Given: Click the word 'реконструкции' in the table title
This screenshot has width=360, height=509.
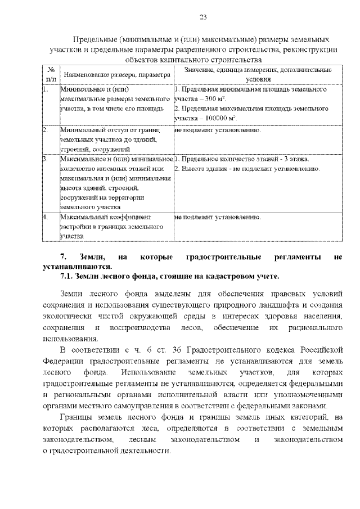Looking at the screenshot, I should pos(312,49).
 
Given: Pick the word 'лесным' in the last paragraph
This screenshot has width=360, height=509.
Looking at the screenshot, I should pos(142,440).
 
